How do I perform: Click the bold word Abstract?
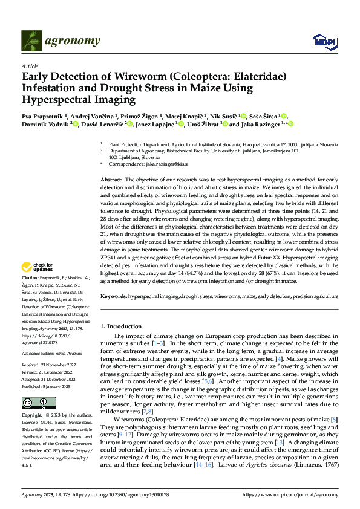coord(111,180)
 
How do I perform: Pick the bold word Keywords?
coord(113,296)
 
